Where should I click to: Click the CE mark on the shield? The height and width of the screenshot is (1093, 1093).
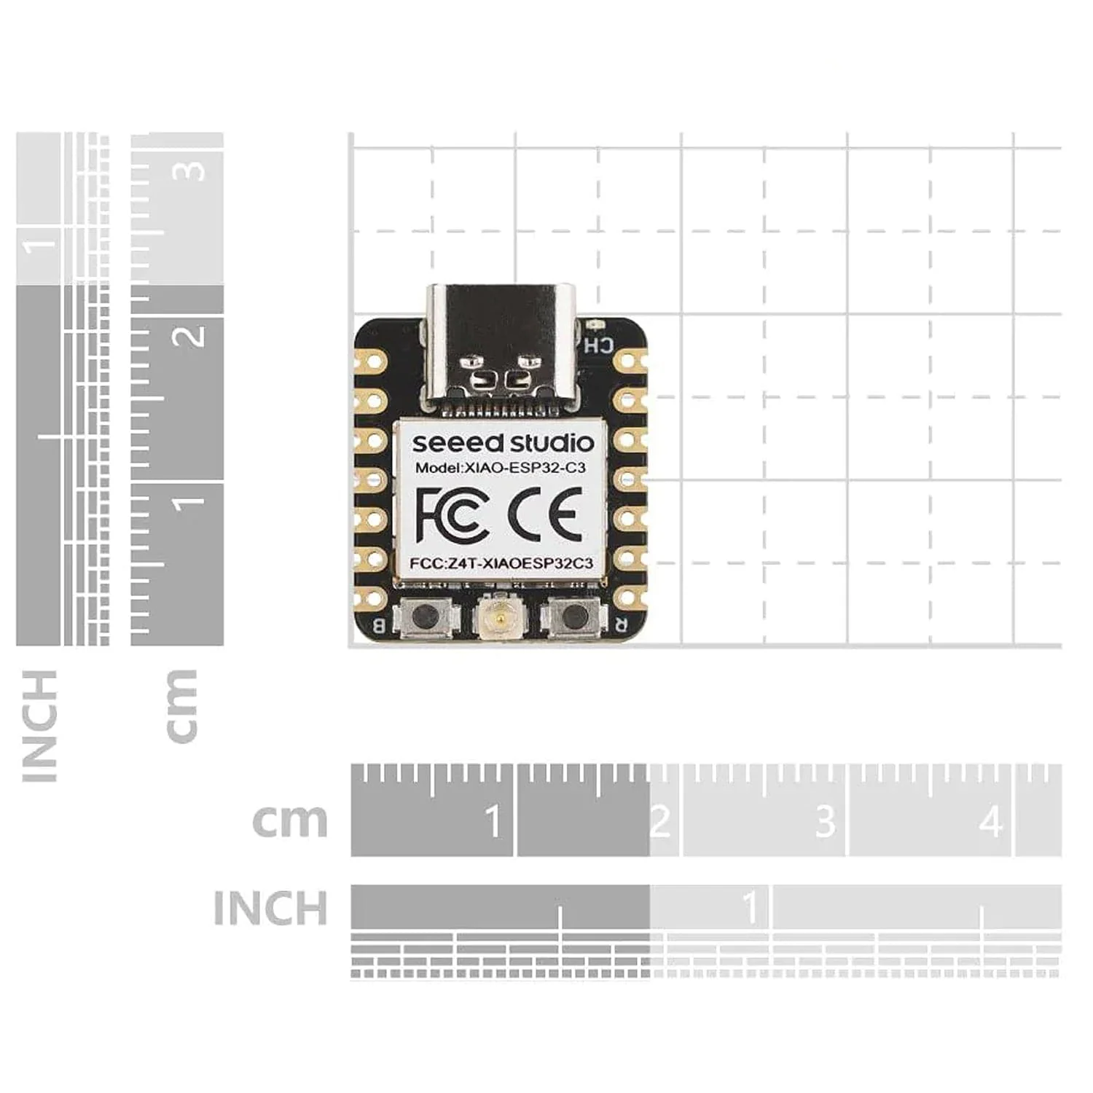(545, 514)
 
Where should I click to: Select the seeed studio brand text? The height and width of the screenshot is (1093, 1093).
(503, 443)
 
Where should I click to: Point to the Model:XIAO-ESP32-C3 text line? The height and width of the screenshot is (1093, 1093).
(500, 469)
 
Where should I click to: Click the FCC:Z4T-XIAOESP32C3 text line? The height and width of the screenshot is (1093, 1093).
(501, 563)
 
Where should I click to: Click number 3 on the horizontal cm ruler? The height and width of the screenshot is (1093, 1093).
(825, 822)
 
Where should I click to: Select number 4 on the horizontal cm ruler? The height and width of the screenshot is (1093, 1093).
(990, 822)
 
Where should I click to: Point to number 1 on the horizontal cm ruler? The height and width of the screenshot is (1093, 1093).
(493, 822)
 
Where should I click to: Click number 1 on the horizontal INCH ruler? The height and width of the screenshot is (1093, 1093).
(750, 908)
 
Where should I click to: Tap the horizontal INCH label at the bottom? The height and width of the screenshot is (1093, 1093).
(270, 909)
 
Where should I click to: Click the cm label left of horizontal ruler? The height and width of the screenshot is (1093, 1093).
(290, 821)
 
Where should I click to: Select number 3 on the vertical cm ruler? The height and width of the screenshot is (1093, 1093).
(192, 171)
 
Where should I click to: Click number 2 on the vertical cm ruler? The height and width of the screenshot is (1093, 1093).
(192, 336)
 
